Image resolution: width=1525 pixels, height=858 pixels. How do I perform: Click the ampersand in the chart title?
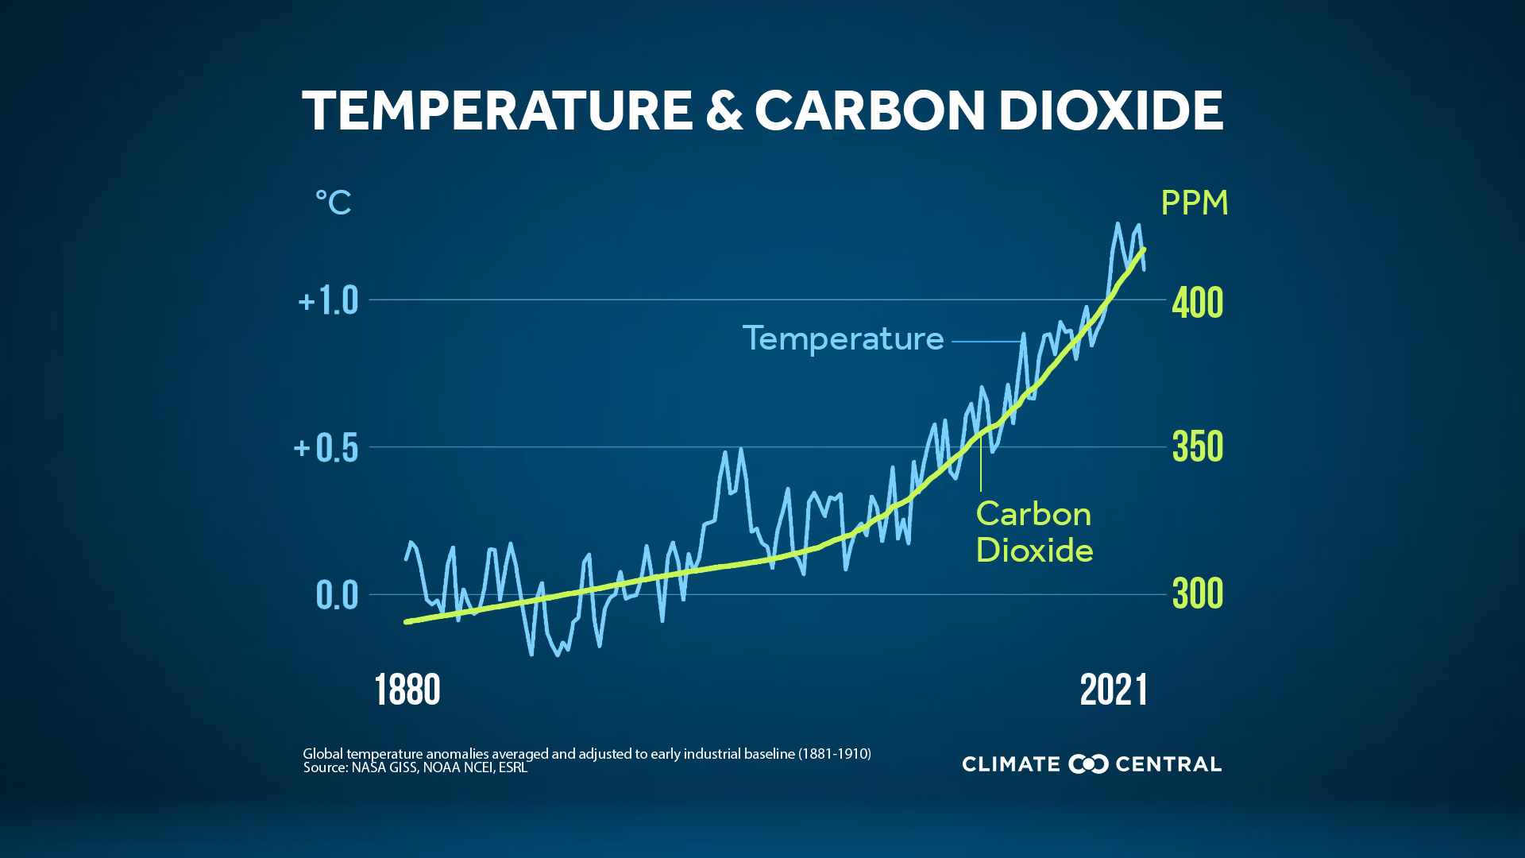tap(724, 110)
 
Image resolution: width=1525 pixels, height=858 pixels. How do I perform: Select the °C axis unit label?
tap(333, 203)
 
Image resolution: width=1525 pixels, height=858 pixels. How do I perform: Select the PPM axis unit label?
tap(1194, 203)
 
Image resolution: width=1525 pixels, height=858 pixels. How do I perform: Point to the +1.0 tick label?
tap(328, 301)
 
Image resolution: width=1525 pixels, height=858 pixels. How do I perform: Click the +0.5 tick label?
tap(326, 448)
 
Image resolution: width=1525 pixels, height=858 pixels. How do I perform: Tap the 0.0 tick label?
tap(337, 595)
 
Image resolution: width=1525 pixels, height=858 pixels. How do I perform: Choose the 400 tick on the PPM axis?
tap(1197, 303)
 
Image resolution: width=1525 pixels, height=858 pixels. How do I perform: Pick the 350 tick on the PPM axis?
tap(1197, 447)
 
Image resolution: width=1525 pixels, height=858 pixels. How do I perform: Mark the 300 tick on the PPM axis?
tap(1197, 593)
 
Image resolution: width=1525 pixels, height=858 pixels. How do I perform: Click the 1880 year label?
tap(407, 690)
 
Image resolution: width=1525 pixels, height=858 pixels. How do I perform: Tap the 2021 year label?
tap(1114, 690)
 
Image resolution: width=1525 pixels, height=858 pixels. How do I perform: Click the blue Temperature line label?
tap(843, 338)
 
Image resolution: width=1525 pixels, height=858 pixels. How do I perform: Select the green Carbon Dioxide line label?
tap(1033, 531)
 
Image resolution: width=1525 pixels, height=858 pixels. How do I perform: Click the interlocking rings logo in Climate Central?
tap(1088, 764)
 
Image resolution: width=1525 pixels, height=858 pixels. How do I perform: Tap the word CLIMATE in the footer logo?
tap(1010, 764)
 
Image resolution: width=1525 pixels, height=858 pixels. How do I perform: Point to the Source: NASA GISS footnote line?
tap(415, 767)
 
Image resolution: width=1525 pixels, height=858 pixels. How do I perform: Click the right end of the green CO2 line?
tap(1144, 249)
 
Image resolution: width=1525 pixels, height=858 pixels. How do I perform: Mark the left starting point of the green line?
tap(407, 622)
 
